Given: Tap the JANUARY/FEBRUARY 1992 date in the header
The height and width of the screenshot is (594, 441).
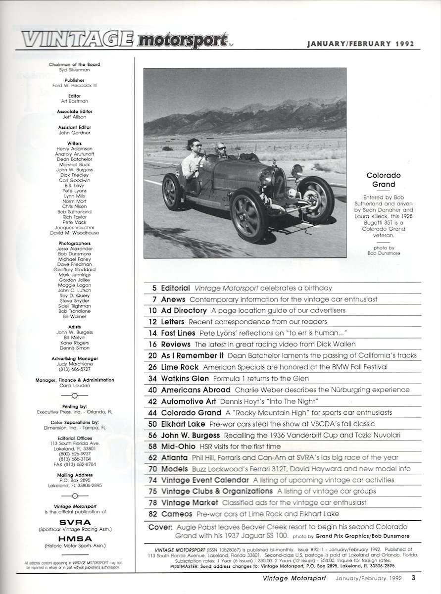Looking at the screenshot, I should click(360, 44).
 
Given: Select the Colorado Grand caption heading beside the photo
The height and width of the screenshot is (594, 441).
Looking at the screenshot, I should click(383, 181).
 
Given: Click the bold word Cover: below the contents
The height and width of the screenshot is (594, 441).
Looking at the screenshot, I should click(160, 527).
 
